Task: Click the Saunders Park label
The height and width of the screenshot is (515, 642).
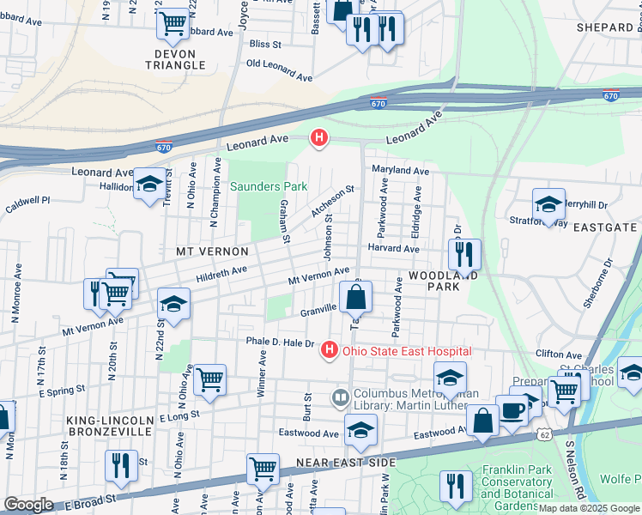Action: pos(269,186)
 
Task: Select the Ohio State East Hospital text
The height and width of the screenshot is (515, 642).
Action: pos(407,350)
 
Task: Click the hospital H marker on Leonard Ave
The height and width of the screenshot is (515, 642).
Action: pos(319,137)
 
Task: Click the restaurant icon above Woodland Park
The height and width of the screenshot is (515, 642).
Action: pos(464,255)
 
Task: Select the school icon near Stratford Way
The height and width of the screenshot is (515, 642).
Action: pos(548,205)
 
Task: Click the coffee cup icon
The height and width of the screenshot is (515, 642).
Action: pos(512,410)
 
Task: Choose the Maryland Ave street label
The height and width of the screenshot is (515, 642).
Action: pos(400,171)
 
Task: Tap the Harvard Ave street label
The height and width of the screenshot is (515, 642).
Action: pos(393,249)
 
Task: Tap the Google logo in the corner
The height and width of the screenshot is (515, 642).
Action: pos(29,505)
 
